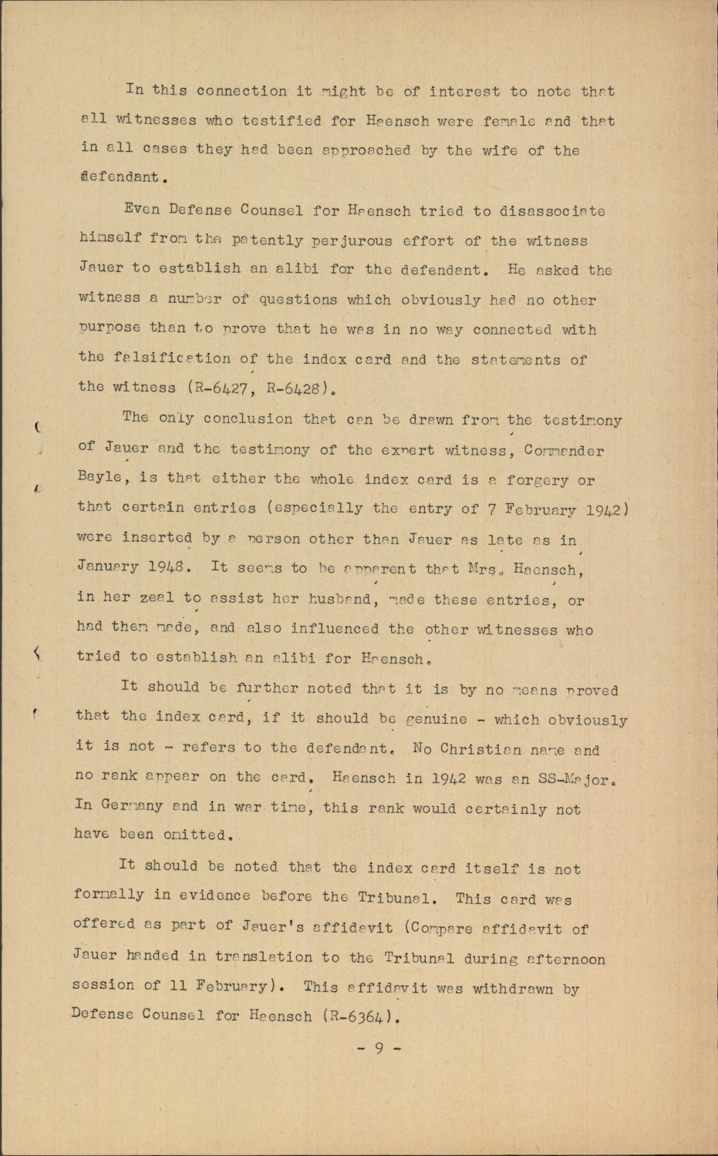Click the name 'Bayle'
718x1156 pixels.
99,477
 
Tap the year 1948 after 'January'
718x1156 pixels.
165,567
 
